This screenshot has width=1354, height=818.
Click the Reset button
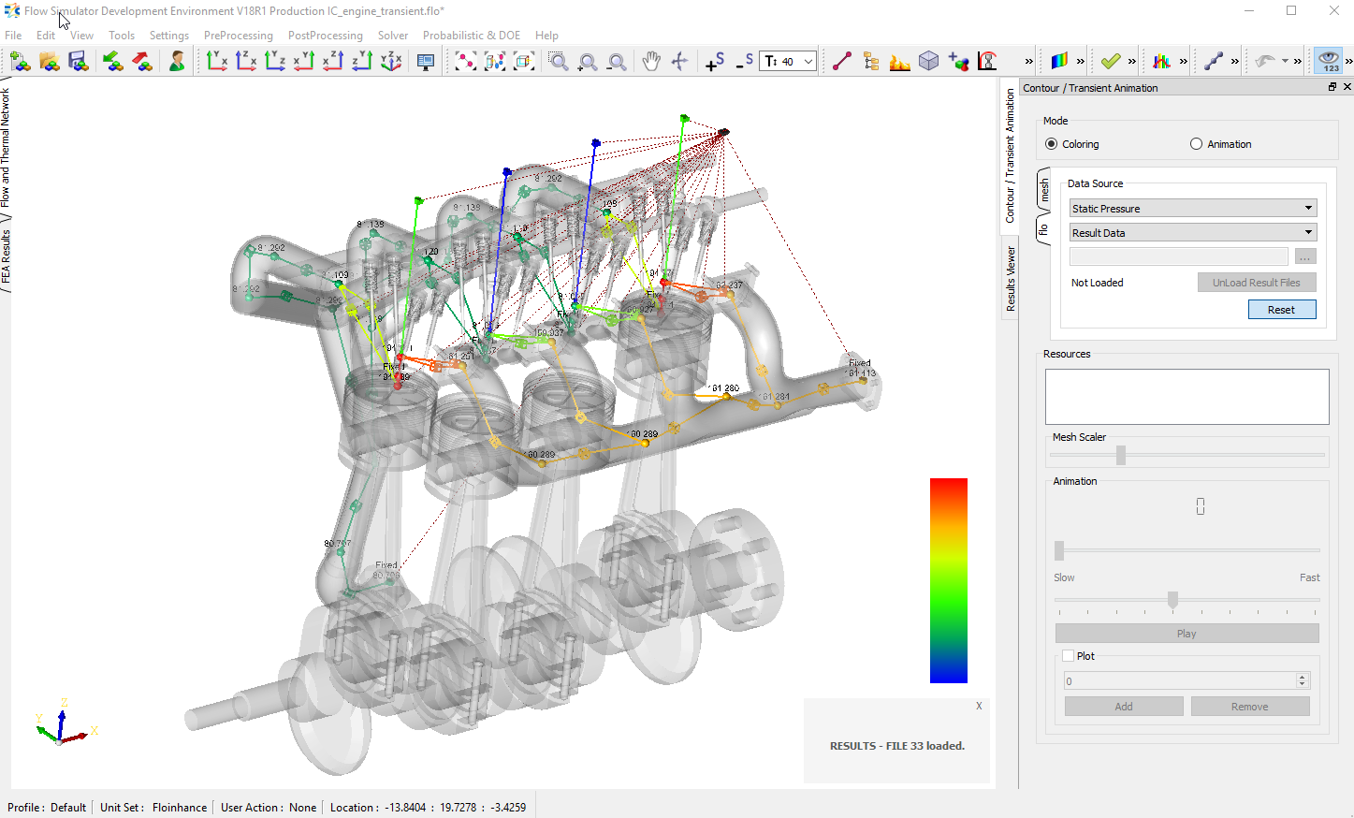click(1281, 310)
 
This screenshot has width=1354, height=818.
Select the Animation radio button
click(1196, 144)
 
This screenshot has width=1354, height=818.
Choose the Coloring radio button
click(1052, 144)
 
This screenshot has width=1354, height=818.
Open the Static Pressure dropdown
click(1192, 209)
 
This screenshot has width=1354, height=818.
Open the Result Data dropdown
click(1192, 233)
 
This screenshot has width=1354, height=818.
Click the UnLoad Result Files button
click(1256, 283)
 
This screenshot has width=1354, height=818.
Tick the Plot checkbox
click(1068, 656)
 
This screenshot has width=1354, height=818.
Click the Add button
click(1123, 707)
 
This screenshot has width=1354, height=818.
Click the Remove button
click(1249, 707)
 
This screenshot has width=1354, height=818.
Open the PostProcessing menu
click(325, 36)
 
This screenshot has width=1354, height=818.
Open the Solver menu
click(393, 36)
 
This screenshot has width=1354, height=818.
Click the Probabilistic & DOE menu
click(471, 36)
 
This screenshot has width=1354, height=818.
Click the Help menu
click(546, 36)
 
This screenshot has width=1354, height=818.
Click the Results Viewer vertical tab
click(1011, 278)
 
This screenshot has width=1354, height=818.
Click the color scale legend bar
click(948, 580)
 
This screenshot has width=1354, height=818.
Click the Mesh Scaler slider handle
click(1120, 455)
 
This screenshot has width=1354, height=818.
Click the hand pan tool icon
click(651, 62)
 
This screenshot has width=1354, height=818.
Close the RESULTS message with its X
click(979, 706)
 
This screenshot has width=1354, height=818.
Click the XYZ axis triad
click(62, 724)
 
